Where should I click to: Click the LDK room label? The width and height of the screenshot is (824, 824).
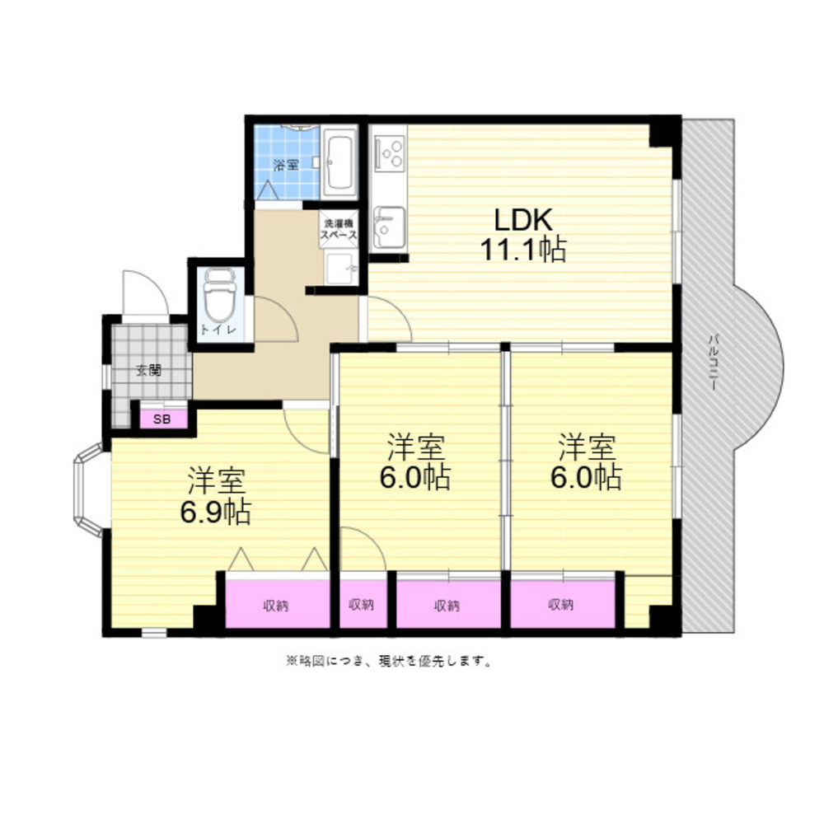coord(523,220)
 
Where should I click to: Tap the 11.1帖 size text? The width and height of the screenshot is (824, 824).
coord(523,250)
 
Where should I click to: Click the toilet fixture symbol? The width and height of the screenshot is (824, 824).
coord(220,296)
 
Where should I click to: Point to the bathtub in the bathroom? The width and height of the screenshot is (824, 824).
coord(339,162)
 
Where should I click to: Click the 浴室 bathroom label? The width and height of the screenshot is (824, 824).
coord(286,165)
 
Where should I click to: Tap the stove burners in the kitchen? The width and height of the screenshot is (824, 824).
coord(390,153)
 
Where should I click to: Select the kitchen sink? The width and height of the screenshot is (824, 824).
coord(390,227)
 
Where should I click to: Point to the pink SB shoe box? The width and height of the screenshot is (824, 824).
coord(163,419)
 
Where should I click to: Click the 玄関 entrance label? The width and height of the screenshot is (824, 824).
coord(148,370)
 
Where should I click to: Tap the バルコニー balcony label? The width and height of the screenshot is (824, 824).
coord(713,362)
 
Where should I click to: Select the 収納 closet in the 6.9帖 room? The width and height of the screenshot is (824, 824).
coord(277,604)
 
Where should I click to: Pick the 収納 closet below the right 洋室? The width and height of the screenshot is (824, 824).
coord(562,604)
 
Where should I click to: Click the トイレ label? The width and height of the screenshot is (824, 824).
coord(218,330)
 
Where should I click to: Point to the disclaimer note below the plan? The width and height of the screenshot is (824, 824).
coord(389,661)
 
